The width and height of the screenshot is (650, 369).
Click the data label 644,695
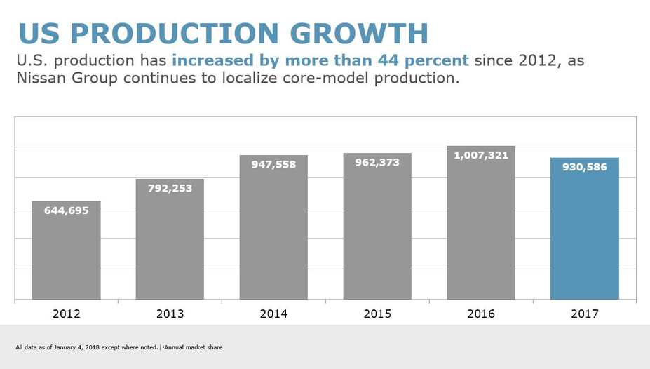click(x=66, y=210)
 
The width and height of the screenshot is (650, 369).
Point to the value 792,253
click(x=170, y=188)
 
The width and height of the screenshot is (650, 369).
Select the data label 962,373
click(x=377, y=163)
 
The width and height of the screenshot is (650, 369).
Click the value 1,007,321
click(x=480, y=155)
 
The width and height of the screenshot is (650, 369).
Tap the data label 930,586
click(x=584, y=167)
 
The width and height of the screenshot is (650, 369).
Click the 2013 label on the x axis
click(x=170, y=314)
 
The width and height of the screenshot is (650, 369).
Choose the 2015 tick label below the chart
click(x=377, y=314)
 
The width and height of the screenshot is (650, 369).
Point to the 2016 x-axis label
click(x=480, y=314)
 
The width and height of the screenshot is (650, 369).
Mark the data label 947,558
click(x=273, y=165)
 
